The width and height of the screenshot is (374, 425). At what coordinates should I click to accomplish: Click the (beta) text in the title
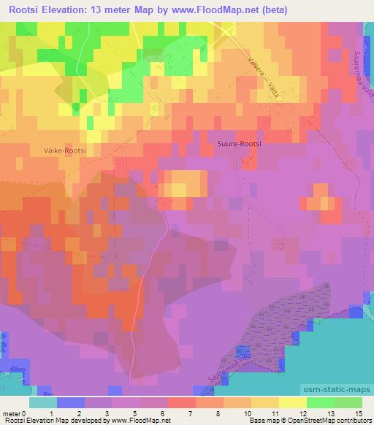pyautogui.click(x=272, y=10)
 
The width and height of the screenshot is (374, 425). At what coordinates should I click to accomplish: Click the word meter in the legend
pyautogui.click(x=11, y=413)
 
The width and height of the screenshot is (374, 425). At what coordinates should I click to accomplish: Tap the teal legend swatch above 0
pyautogui.click(x=42, y=402)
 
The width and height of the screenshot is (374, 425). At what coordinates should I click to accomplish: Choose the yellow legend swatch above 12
pyautogui.click(x=292, y=402)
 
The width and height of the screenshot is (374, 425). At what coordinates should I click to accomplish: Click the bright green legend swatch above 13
pyautogui.click(x=320, y=402)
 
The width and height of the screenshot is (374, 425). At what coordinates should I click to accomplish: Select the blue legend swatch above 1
pyautogui.click(x=70, y=402)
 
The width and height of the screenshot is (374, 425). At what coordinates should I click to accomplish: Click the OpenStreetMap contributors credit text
pyautogui.click(x=329, y=421)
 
